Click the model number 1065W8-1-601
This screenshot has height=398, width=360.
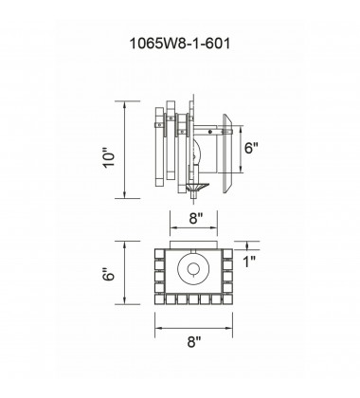coord(180,44)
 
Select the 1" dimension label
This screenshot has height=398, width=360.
coord(249,262)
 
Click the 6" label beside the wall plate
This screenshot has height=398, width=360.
coord(251,148)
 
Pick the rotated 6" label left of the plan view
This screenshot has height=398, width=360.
coord(109,275)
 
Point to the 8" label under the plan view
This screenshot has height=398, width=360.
coord(194,341)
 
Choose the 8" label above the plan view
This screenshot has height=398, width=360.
coord(196,218)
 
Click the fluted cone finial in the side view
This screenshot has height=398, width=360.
coord(197,187)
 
